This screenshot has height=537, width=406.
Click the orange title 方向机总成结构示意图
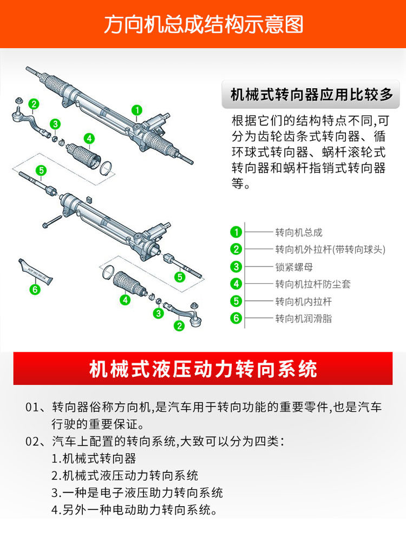click(204, 24)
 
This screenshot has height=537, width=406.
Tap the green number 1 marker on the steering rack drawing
click(137, 110)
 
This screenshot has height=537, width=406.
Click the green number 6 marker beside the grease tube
click(35, 290)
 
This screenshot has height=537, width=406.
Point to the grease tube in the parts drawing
click(35, 271)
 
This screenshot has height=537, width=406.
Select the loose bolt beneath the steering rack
click(52, 221)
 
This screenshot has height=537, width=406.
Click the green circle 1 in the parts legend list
click(236, 232)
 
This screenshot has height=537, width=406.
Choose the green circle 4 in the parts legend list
click(236, 284)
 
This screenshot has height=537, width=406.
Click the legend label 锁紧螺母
click(294, 267)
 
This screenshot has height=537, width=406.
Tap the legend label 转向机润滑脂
click(304, 318)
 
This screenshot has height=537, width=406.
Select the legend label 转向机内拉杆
click(304, 302)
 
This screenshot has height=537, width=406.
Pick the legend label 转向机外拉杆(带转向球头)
click(330, 250)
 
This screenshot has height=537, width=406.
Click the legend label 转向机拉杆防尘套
click(313, 284)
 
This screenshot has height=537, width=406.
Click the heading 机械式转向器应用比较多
click(311, 95)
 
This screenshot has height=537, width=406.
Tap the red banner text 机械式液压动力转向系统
click(203, 369)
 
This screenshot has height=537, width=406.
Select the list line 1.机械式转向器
click(94, 458)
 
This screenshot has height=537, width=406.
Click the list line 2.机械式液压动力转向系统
click(125, 475)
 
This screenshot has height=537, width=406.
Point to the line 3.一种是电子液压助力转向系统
click(137, 493)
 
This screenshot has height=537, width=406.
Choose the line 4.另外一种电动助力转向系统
click(134, 510)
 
